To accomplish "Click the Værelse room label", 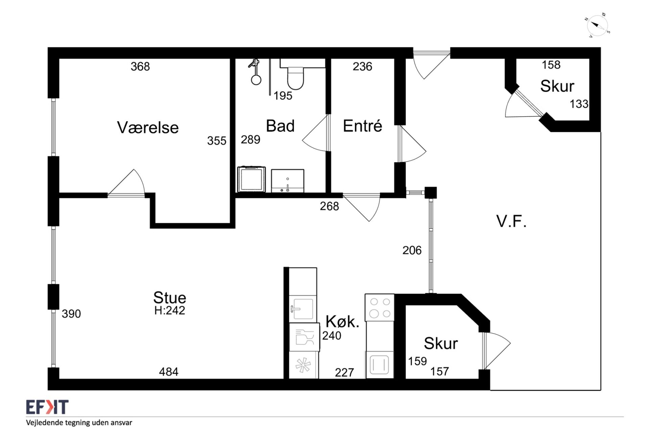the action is (x=148, y=127).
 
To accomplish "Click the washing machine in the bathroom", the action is (x=251, y=179).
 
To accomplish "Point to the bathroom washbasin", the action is (x=287, y=181).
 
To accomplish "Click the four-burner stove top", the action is (x=380, y=307).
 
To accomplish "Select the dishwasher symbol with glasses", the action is (x=304, y=337).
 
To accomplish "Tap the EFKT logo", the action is (x=47, y=407).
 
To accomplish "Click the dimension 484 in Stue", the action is (x=169, y=372).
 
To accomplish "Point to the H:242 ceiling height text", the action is (x=170, y=310).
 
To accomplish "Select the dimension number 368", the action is (x=140, y=66).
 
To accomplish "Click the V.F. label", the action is (x=511, y=221).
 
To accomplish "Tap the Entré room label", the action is (x=362, y=126).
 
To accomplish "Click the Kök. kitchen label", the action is (x=342, y=321).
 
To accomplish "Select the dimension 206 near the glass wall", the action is (x=412, y=250).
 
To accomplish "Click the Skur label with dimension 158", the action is (x=557, y=86).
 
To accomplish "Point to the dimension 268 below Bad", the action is (x=330, y=206).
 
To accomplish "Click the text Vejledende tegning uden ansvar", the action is (x=79, y=423).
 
